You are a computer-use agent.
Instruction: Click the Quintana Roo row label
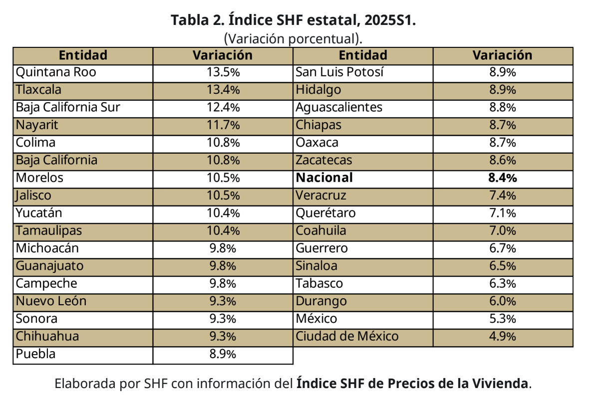tap(56, 73)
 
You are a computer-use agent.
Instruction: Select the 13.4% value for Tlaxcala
tap(223, 90)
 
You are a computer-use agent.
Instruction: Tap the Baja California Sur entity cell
tap(68, 108)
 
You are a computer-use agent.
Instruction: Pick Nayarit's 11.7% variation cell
tap(223, 125)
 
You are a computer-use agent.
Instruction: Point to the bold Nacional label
tap(324, 178)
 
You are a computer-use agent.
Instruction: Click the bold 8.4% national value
tap(503, 178)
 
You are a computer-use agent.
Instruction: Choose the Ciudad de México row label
tap(347, 337)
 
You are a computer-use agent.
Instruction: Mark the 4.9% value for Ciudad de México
tap(503, 337)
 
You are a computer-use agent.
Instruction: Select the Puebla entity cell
tap(36, 354)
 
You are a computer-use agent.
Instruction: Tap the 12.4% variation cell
tap(223, 108)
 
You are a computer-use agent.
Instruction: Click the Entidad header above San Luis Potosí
tap(362, 55)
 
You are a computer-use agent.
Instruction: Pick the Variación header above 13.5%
tap(223, 55)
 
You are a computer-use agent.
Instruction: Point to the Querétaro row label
tap(325, 213)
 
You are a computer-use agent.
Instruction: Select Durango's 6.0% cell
tap(503, 301)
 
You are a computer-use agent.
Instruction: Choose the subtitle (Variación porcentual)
tap(293, 38)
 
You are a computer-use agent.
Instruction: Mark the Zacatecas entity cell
tap(323, 161)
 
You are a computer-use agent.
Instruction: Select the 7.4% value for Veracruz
tap(503, 196)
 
